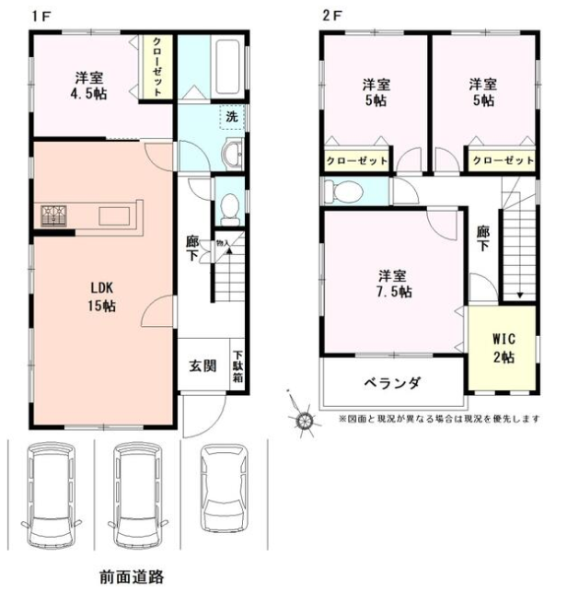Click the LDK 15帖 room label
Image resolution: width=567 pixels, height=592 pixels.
pyautogui.click(x=102, y=296)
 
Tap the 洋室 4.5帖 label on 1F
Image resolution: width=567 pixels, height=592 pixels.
pyautogui.click(x=88, y=86)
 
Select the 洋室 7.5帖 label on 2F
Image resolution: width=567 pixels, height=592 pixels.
pyautogui.click(x=393, y=284)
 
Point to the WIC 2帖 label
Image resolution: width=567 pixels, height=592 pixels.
pyautogui.click(x=504, y=348)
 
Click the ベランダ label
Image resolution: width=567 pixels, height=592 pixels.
pyautogui.click(x=392, y=383)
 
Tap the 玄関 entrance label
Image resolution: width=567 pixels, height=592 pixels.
pyautogui.click(x=202, y=366)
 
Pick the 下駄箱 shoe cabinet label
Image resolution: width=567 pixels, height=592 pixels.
pyautogui.click(x=237, y=366)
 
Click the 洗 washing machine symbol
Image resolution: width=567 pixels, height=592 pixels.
pyautogui.click(x=232, y=117)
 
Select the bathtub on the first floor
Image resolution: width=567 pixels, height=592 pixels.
pyautogui.click(x=227, y=67)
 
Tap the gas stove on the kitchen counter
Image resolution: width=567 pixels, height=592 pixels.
pyautogui.click(x=53, y=215)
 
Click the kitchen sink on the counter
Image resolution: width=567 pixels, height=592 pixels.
pyautogui.click(x=114, y=216)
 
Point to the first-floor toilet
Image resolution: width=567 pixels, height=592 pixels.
pyautogui.click(x=229, y=210)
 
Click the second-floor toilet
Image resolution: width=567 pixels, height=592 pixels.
pyautogui.click(x=343, y=192)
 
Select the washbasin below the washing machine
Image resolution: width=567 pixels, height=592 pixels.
pyautogui.click(x=233, y=152)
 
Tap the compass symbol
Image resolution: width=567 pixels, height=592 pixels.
pyautogui.click(x=305, y=420)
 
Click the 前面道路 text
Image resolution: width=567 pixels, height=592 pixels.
pyautogui.click(x=133, y=576)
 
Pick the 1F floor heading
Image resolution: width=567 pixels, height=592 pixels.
pyautogui.click(x=41, y=17)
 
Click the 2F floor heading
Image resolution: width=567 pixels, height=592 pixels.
pyautogui.click(x=331, y=17)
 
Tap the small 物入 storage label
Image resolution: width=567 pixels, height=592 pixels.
pyautogui.click(x=222, y=243)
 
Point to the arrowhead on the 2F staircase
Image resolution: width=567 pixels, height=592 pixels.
pyautogui.click(x=520, y=296)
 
